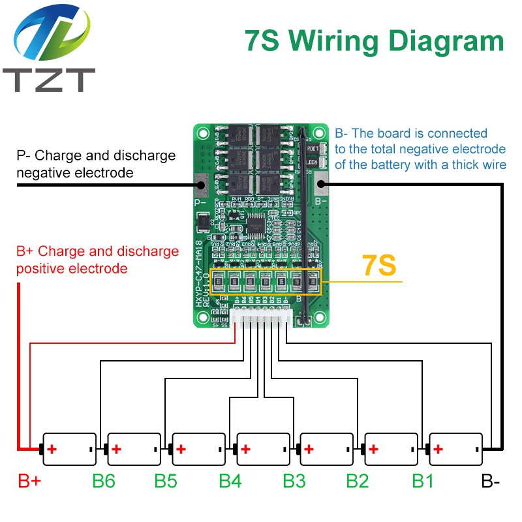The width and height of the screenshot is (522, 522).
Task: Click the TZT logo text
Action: coord(49,80)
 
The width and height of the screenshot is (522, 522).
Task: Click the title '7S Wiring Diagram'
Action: coord(374,40)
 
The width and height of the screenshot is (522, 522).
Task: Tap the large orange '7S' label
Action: coord(379,266)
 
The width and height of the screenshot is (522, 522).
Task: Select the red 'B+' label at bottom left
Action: coord(29,482)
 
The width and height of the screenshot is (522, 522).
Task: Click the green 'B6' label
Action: coord(104,482)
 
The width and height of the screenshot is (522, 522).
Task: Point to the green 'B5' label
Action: coord(166,482)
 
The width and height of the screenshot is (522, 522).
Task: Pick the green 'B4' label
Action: coord(230,482)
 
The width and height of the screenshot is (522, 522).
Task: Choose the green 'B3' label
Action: coord(294,482)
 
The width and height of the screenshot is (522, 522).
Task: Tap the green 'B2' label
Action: coord(357,482)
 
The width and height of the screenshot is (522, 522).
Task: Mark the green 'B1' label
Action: coord(422,482)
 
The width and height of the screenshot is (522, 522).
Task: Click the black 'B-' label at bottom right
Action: coord(491,482)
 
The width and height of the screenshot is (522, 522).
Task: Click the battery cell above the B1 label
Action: coord(455,449)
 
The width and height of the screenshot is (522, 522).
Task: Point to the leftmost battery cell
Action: coord(69,449)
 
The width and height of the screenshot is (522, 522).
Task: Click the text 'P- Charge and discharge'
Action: coord(96,156)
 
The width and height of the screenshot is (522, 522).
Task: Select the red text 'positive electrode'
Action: coord(72,268)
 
